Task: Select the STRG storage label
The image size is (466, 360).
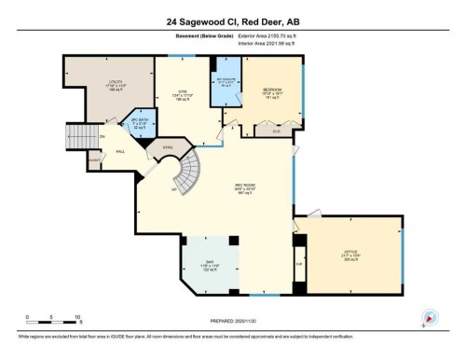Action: tap(168, 146)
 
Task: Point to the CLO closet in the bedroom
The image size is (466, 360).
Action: tap(275, 132)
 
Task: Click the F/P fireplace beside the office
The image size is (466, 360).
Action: tap(299, 263)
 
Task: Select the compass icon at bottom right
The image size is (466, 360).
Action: tap(430, 317)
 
